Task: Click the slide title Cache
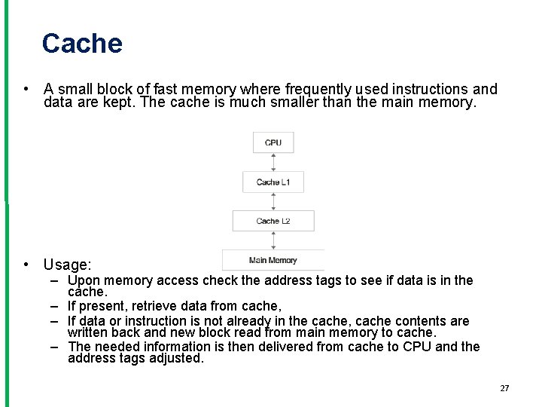point(82,44)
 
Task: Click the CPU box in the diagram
point(273,142)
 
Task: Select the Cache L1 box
point(273,182)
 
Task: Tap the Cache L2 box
point(273,221)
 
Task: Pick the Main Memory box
point(273,260)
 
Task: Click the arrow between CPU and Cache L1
point(273,161)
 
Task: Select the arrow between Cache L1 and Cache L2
point(273,201)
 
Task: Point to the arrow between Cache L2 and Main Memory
point(273,240)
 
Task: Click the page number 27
point(504,388)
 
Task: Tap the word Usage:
point(67,265)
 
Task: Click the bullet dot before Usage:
point(26,265)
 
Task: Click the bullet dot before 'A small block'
point(26,89)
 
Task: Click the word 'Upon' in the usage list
point(84,280)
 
